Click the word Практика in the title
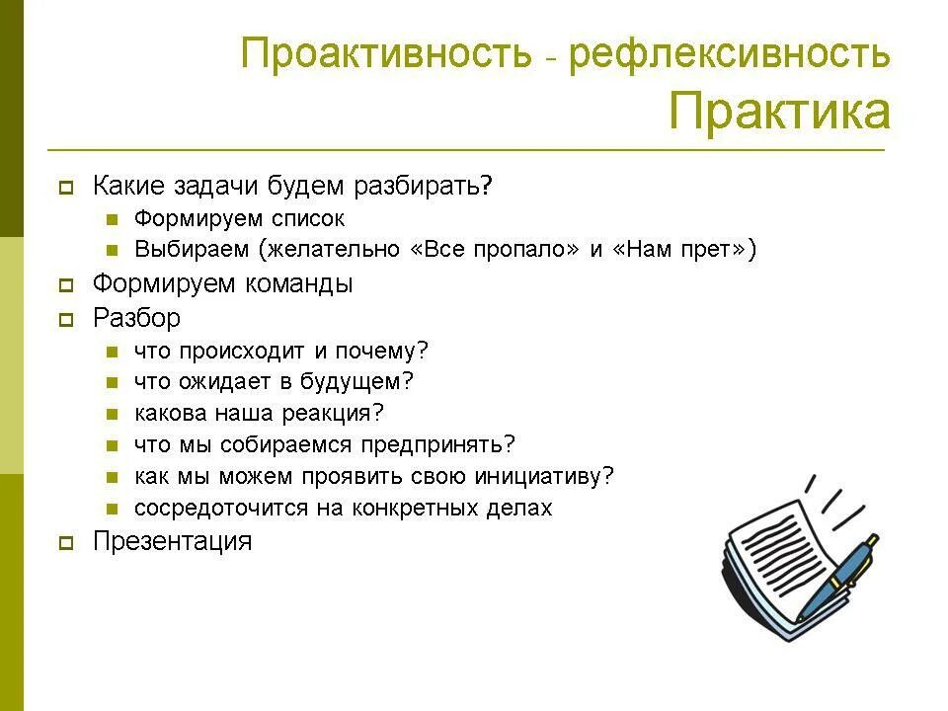pyautogui.click(x=779, y=112)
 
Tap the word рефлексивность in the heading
pyautogui.click(x=729, y=53)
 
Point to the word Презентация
pyautogui.click(x=172, y=541)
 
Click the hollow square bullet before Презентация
pyautogui.click(x=65, y=542)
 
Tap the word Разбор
pyautogui.click(x=136, y=318)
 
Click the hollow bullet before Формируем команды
pyautogui.click(x=65, y=285)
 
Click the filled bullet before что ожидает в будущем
pyautogui.click(x=114, y=382)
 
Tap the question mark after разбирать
pyautogui.click(x=486, y=187)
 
